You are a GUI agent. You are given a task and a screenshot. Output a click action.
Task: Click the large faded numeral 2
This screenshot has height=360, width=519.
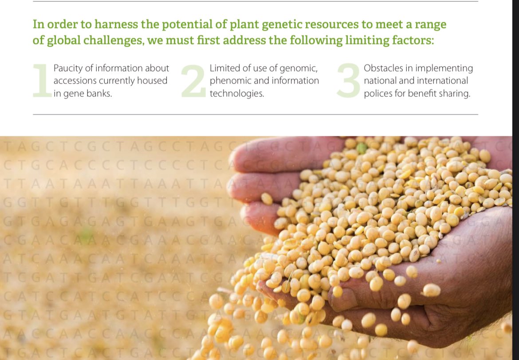tap(193, 80)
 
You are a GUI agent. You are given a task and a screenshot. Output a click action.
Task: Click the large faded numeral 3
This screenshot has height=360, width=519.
tap(348, 80)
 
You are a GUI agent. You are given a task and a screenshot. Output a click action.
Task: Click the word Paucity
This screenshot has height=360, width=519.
tap(68, 68)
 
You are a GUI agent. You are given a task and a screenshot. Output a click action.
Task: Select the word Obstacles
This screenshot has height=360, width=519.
tap(383, 68)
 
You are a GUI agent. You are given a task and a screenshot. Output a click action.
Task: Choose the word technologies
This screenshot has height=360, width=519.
tap(236, 94)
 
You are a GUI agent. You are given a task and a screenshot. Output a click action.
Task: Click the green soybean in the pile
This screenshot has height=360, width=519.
tap(362, 148)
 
